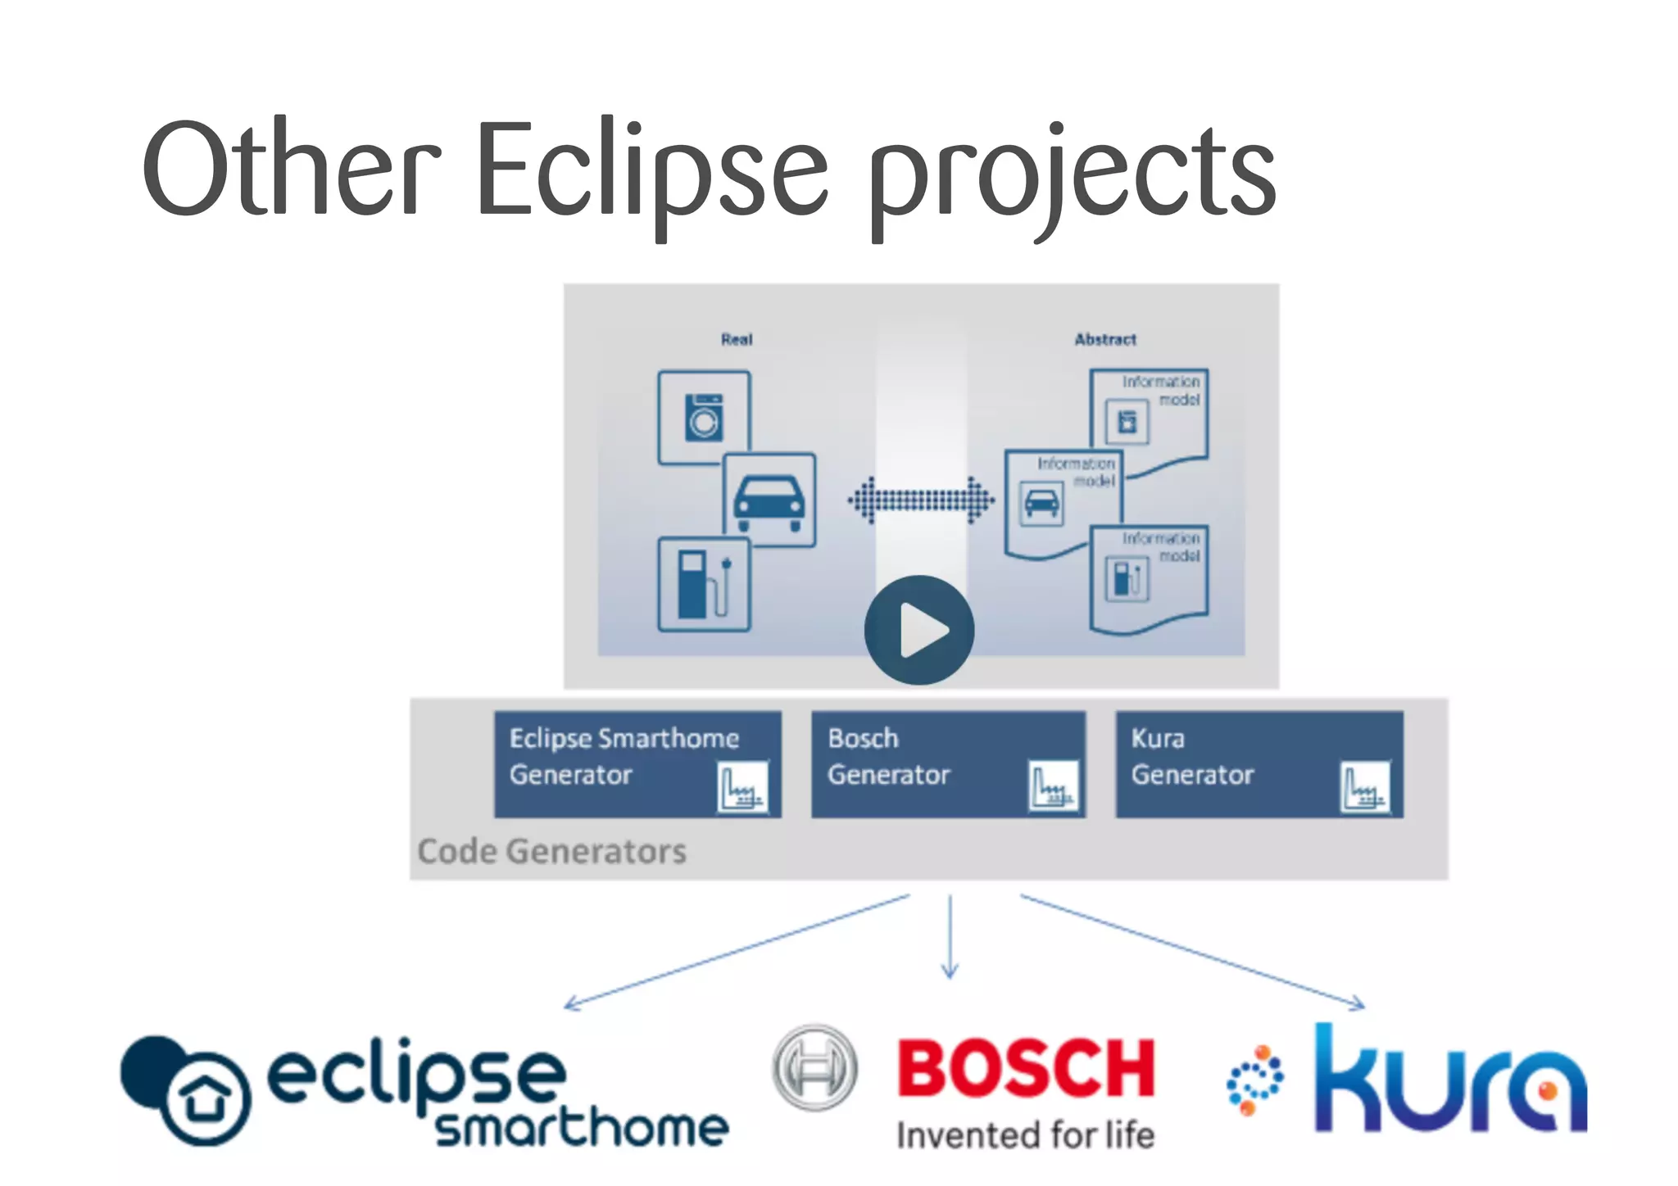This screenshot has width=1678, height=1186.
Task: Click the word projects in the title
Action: [x=1072, y=176]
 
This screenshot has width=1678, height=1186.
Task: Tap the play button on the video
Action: [x=919, y=630]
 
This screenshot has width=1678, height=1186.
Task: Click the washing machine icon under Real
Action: [x=705, y=417]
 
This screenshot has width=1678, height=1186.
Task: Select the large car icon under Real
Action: [x=769, y=500]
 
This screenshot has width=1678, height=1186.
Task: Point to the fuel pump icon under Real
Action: [x=704, y=583]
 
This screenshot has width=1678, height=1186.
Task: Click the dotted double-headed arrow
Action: [x=921, y=500]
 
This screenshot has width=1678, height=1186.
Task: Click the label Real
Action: [x=737, y=339]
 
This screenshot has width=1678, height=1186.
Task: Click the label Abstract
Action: [x=1105, y=339]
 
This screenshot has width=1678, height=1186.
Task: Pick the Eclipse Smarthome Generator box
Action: [x=637, y=764]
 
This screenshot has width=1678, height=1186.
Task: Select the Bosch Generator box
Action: [x=948, y=764]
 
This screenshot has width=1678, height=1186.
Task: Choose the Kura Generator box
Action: [x=1258, y=764]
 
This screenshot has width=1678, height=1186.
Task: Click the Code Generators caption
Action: [x=551, y=852]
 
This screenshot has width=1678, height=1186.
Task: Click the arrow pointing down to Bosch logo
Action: [x=950, y=938]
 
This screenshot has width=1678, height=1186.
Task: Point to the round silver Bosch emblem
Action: [x=814, y=1068]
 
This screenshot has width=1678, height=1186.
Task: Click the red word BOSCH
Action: [x=1026, y=1068]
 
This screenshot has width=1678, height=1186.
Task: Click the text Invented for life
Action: [x=1025, y=1136]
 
